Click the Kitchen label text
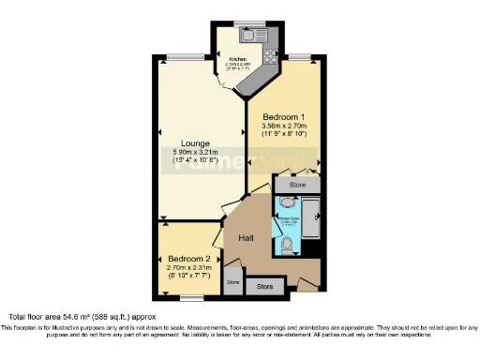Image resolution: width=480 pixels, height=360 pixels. [237, 59]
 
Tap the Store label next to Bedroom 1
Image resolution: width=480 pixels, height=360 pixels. [297, 186]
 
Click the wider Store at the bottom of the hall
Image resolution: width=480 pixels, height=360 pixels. [265, 286]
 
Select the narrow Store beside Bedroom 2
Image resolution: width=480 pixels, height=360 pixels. [232, 281]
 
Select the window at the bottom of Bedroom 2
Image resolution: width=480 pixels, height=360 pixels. [191, 298]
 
